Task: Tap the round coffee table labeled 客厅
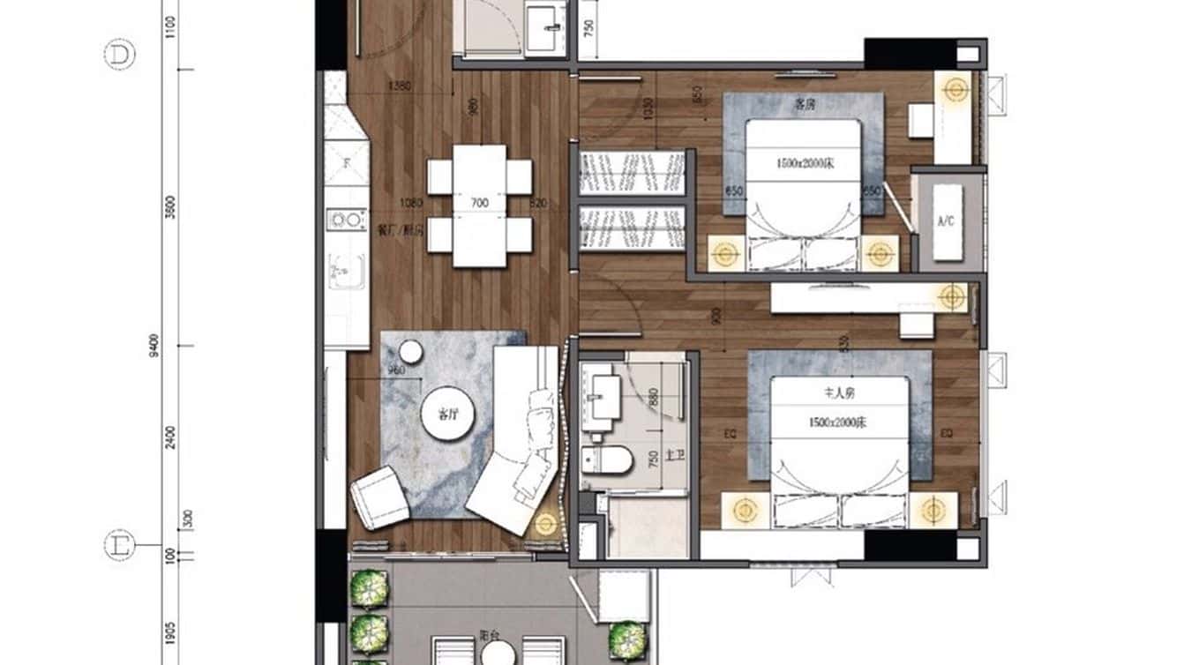(x=445, y=415)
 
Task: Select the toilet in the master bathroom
(x=608, y=460)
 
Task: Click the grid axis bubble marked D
(x=119, y=56)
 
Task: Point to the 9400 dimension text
(x=155, y=347)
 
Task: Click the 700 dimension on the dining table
(x=479, y=204)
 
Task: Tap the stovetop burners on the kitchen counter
(x=346, y=220)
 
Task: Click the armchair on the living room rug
(x=379, y=497)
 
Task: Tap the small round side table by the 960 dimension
(x=411, y=353)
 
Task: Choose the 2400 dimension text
(x=170, y=437)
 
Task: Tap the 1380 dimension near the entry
(x=400, y=86)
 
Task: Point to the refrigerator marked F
(x=346, y=162)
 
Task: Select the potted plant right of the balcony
(x=625, y=634)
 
